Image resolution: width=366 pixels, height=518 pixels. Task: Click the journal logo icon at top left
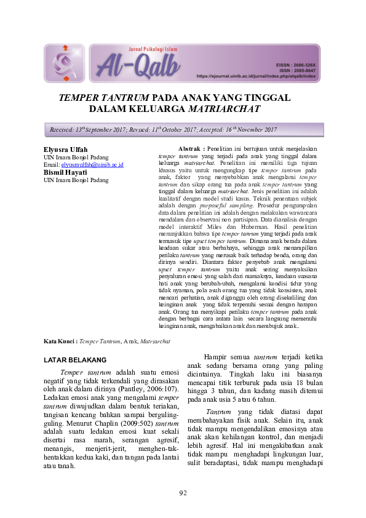pyautogui.click(x=65, y=63)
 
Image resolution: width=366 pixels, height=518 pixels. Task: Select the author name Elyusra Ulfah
pyautogui.click(x=66, y=150)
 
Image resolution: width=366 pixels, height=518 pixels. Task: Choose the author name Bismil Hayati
pyautogui.click(x=65, y=172)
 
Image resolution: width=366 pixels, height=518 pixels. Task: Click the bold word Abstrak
pyautogui.click(x=190, y=149)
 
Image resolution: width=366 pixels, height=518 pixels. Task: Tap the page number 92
pyautogui.click(x=183, y=493)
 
